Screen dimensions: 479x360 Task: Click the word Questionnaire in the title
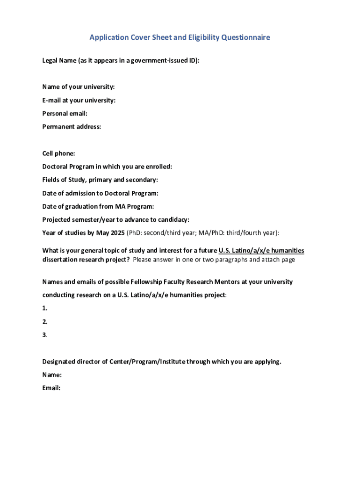click(x=243, y=37)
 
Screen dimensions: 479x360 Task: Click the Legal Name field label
click(x=121, y=60)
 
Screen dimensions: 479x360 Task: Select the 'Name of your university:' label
click(x=79, y=87)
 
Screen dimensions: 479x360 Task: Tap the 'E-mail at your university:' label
click(x=79, y=100)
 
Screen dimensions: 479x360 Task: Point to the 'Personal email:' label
click(x=65, y=113)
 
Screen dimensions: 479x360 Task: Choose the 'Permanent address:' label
click(x=72, y=126)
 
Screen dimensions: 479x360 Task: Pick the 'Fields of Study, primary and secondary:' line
click(x=100, y=180)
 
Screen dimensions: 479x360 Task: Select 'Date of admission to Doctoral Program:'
click(x=100, y=193)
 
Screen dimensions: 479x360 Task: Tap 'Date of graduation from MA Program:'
click(x=98, y=206)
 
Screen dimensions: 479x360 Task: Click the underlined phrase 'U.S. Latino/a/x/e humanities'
click(x=261, y=251)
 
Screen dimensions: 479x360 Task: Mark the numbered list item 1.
click(x=45, y=308)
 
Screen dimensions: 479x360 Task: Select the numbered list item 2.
click(x=45, y=322)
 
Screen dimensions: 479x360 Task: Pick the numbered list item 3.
click(x=45, y=335)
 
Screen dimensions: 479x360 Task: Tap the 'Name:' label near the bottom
click(x=52, y=375)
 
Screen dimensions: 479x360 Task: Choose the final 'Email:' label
click(x=51, y=388)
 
